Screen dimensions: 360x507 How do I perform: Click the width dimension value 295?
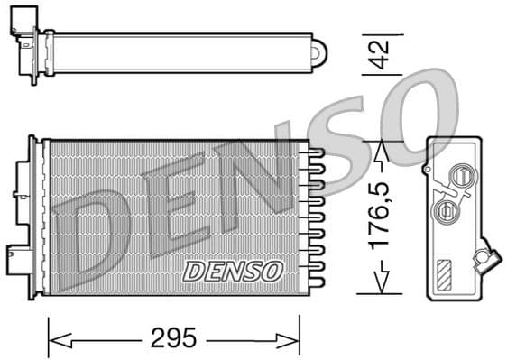pyautogui.click(x=173, y=339)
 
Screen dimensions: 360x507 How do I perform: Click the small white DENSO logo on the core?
pyautogui.click(x=234, y=270)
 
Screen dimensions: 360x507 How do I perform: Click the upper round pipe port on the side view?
pyautogui.click(x=461, y=177)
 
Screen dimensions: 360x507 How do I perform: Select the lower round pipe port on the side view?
pyautogui.click(x=444, y=211)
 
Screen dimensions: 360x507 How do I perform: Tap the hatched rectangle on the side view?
pyautogui.click(x=446, y=273)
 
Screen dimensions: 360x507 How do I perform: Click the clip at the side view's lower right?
pyautogui.click(x=487, y=259)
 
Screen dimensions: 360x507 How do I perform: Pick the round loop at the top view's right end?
pyautogui.click(x=318, y=52)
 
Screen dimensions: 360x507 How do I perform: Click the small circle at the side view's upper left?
pyautogui.click(x=426, y=168)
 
